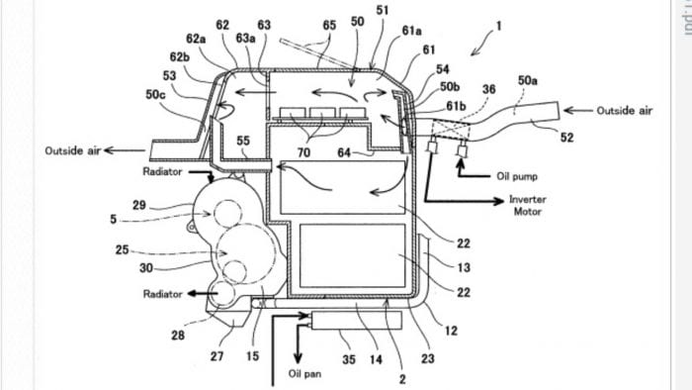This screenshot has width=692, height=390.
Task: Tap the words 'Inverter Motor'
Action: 527,205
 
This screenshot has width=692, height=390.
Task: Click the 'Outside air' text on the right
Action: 626,111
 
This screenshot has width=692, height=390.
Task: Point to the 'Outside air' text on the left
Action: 72,150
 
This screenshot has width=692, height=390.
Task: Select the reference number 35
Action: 349,360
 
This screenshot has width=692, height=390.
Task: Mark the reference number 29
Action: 139,204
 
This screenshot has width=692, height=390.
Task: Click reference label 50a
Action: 527,79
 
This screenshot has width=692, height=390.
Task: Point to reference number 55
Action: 243,142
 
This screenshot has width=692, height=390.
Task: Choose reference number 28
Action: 178,337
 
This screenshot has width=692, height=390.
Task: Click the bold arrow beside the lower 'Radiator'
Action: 206,294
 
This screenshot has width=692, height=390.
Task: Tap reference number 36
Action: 487,90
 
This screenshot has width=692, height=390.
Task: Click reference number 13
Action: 464,267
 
